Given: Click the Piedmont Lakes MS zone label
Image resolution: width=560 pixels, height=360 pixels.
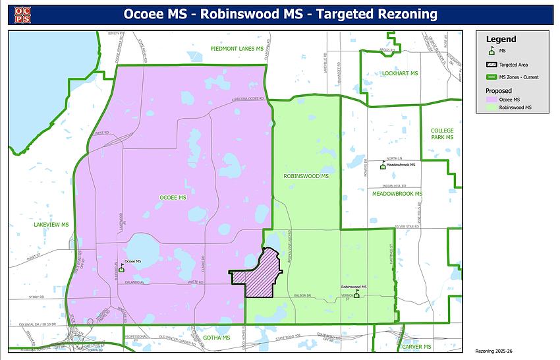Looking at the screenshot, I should pyautogui.click(x=237, y=49).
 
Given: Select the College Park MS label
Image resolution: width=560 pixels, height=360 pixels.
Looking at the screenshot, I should pyautogui.click(x=442, y=134).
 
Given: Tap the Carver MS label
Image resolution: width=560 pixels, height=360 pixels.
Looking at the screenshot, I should pyautogui.click(x=417, y=347).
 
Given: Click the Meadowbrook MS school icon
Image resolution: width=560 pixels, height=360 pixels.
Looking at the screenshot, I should pyautogui.click(x=382, y=165).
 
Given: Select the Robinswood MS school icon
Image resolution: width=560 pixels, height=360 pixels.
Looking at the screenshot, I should pyautogui.click(x=356, y=294).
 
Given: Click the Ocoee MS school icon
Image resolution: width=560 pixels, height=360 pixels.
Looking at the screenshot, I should pyautogui.click(x=121, y=268).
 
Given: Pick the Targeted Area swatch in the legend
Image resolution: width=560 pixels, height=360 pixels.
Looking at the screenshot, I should pyautogui.click(x=491, y=65).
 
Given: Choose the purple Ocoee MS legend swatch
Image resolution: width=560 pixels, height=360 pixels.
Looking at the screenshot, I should pyautogui.click(x=491, y=100).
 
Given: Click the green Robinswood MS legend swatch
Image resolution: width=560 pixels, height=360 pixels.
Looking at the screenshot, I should pyautogui.click(x=491, y=107).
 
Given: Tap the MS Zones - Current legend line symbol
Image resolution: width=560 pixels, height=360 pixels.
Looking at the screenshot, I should pyautogui.click(x=491, y=77).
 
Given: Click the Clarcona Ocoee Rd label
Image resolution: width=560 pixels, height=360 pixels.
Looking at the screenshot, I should pyautogui.click(x=247, y=100).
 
